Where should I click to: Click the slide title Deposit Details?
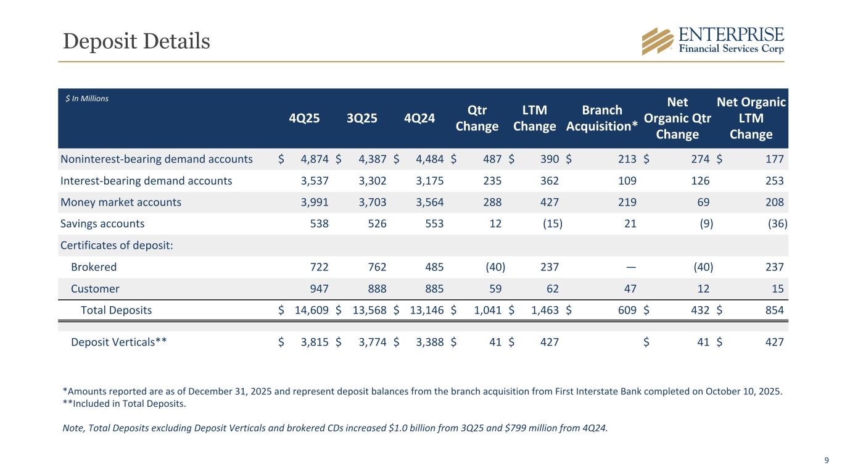(136, 41)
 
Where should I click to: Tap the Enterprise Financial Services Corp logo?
(713, 41)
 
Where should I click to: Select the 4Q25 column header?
(305, 119)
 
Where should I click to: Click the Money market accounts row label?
(121, 202)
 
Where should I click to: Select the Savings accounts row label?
(102, 224)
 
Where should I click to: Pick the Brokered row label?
(94, 267)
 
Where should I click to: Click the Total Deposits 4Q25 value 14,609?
(311, 310)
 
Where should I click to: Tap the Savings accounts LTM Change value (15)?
(552, 224)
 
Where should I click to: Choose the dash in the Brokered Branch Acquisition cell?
(630, 267)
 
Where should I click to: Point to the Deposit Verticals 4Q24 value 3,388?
(426, 342)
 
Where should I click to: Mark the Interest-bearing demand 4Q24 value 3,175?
(426, 181)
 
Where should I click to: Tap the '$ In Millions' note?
(87, 99)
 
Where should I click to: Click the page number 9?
(827, 459)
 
